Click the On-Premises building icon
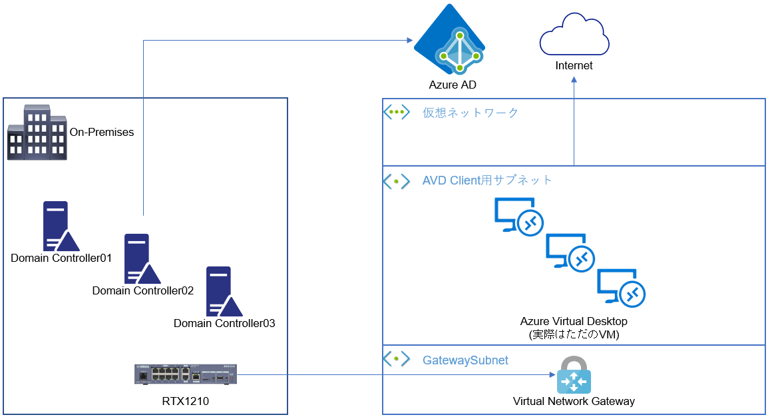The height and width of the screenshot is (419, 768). (37, 132)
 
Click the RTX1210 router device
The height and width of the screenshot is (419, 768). (186, 375)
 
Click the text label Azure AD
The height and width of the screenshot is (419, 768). (453, 85)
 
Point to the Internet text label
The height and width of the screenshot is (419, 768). (574, 66)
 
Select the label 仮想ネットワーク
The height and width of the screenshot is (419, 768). (471, 113)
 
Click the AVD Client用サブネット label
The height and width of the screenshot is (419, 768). (487, 181)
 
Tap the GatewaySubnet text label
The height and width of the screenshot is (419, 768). (465, 360)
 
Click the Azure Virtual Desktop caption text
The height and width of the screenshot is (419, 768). (574, 322)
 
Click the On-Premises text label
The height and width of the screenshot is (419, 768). (102, 132)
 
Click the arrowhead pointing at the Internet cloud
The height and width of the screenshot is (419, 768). (574, 80)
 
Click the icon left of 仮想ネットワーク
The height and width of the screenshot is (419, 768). (397, 112)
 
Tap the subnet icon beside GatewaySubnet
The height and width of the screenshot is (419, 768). (397, 359)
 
